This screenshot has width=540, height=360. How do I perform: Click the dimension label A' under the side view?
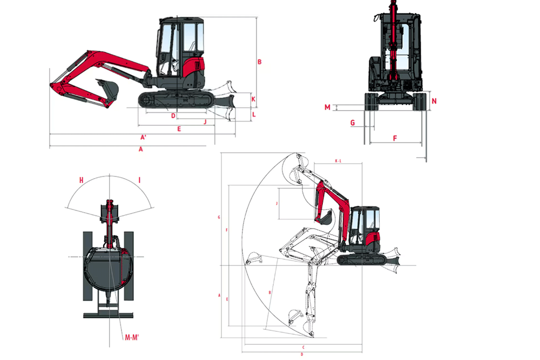(143, 137)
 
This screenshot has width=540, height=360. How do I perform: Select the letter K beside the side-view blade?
(253, 99)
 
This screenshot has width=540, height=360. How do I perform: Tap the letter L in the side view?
(253, 114)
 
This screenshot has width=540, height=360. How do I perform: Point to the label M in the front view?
(327, 107)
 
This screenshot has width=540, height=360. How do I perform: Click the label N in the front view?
(434, 101)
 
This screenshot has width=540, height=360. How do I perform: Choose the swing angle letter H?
(80, 180)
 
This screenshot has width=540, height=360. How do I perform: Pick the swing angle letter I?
(139, 180)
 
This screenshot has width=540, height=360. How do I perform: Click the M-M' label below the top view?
(132, 338)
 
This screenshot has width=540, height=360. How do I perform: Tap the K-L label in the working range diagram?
(338, 161)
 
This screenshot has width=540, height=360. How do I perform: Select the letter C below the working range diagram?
(303, 347)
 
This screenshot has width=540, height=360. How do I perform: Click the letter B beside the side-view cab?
(259, 62)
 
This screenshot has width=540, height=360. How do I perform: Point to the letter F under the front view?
(395, 139)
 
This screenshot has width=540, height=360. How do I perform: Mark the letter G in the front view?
(353, 123)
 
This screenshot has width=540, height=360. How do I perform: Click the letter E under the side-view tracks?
(179, 129)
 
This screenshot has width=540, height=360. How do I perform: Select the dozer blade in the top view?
(108, 315)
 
